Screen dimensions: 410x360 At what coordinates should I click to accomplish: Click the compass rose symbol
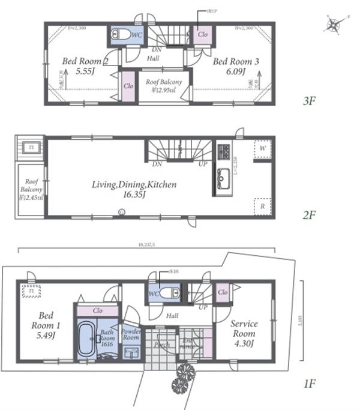point(334,25)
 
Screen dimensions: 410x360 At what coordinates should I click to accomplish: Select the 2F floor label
point(309,214)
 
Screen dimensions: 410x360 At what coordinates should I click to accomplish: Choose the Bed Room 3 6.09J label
point(236,65)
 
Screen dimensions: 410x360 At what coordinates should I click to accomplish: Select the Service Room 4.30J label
point(244,333)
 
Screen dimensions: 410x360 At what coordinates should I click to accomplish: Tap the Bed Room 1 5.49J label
point(46,326)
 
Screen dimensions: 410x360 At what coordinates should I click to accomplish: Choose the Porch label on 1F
point(161,346)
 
